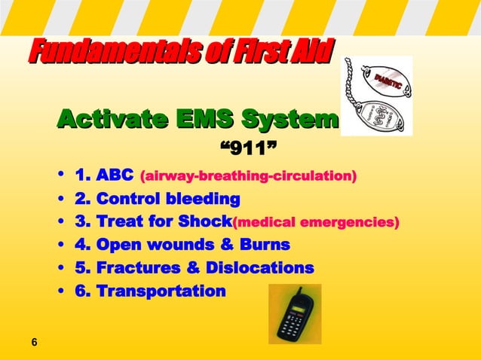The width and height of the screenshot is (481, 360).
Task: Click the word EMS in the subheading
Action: click(204, 119)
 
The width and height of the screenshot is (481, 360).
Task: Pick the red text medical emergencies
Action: click(316, 223)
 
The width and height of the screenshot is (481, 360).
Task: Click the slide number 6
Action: click(34, 343)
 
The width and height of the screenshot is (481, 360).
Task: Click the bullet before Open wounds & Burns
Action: click(60, 246)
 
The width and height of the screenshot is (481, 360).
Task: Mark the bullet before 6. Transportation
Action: click(60, 291)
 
